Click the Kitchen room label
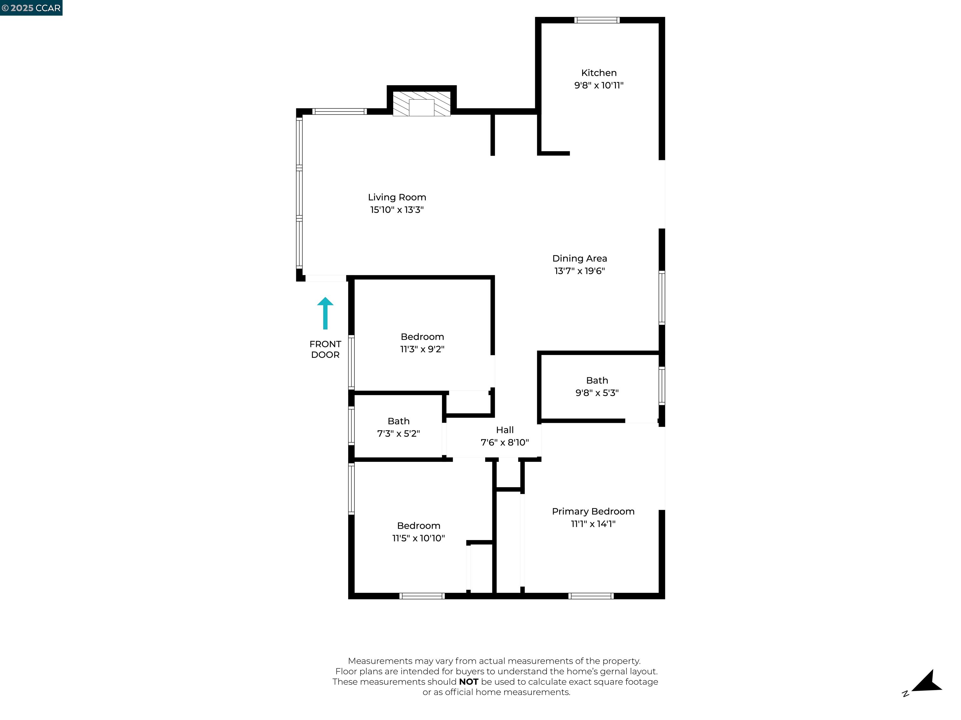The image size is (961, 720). (599, 73)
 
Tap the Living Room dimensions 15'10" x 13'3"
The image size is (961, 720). (397, 210)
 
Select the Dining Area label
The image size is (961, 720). (580, 259)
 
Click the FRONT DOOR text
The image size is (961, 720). (325, 349)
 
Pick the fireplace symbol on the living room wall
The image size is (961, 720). (421, 104)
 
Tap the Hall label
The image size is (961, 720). (505, 430)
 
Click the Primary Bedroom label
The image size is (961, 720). (593, 511)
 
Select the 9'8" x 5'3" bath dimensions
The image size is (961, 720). (597, 393)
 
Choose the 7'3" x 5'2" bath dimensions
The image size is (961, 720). (399, 433)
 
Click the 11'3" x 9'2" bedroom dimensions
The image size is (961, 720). (422, 349)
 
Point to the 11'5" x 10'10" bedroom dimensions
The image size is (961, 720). (418, 538)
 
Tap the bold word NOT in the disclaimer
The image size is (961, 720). (468, 682)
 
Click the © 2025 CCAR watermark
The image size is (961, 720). (31, 8)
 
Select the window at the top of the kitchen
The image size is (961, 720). (597, 20)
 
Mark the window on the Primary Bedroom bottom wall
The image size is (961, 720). (591, 596)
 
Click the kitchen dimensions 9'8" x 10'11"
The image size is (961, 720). (599, 86)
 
